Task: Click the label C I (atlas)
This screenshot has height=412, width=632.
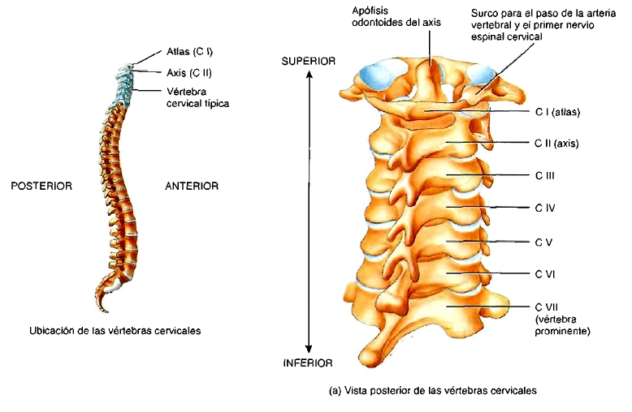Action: pos(561,111)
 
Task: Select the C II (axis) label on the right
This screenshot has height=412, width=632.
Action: pos(560,144)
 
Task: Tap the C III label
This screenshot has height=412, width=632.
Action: pos(544,174)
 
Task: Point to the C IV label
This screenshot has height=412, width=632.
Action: pos(544,208)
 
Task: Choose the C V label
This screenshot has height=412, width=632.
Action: pos(543,242)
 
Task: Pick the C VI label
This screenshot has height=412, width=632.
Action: pos(544,274)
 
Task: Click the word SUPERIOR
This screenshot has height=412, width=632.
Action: pos(310,62)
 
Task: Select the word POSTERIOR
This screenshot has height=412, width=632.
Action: pos(41,186)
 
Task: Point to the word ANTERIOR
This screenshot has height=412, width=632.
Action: pos(192,186)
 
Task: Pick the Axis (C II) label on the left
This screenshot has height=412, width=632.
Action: pos(188,72)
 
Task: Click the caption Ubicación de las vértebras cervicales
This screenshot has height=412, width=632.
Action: pos(115,330)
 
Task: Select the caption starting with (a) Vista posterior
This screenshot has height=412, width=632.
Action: pos(433,390)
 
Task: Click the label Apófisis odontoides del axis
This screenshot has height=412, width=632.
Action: pos(396,16)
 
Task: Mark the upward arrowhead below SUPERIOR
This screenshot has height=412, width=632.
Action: pos(310,75)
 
